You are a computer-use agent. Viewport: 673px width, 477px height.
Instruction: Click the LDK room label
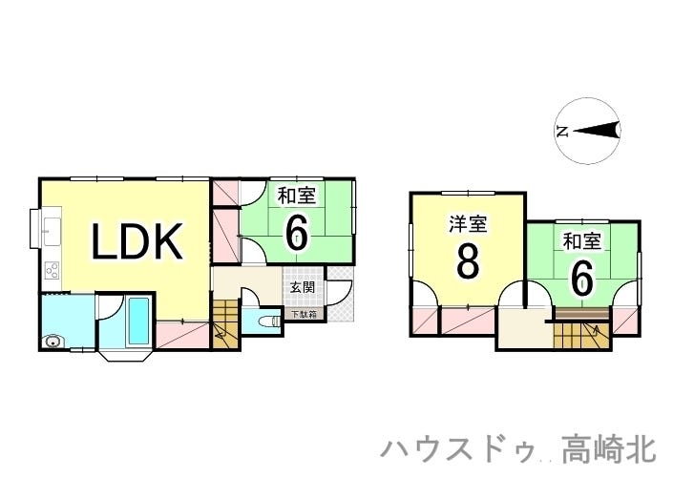[137, 241]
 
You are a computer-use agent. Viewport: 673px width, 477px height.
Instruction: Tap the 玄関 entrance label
[303, 287]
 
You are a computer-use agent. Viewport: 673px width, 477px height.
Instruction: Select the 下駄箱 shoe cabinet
[305, 314]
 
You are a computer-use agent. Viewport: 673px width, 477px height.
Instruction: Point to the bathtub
[138, 321]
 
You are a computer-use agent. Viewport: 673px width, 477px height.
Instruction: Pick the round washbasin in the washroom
[53, 342]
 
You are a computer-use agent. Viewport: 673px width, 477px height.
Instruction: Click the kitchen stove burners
[52, 270]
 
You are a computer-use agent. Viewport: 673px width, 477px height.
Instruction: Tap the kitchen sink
[52, 232]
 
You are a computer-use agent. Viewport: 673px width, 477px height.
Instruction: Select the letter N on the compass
[562, 131]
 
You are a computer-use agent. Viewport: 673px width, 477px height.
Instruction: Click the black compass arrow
[597, 131]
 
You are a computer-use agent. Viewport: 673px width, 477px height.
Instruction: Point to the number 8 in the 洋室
[468, 262]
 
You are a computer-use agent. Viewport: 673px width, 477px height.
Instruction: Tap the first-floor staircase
[225, 323]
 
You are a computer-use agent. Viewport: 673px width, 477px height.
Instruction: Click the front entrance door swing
[340, 293]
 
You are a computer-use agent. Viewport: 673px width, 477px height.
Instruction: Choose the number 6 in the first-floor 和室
[297, 232]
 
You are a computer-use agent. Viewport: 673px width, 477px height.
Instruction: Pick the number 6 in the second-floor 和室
[581, 278]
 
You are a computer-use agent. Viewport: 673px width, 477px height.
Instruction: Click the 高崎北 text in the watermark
[609, 449]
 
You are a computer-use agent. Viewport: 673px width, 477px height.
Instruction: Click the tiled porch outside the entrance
[341, 294]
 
